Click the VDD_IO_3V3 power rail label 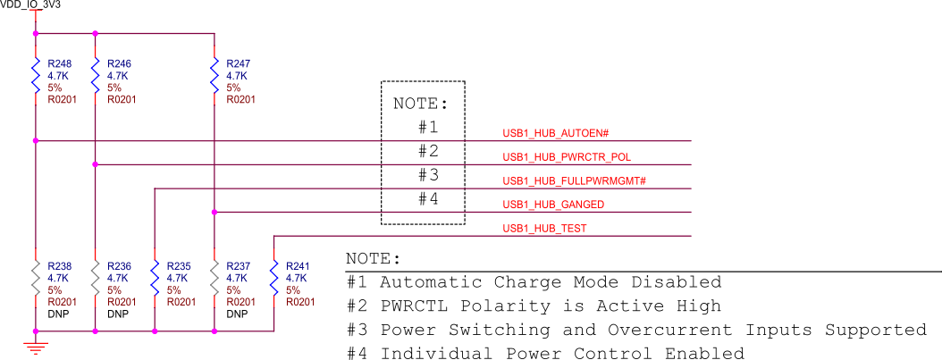coord(30,4)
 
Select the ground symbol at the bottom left coord(35,347)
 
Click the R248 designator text coord(60,64)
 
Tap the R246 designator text coord(119,64)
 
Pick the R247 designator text coord(239,64)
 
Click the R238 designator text coord(60,266)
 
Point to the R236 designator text coord(119,266)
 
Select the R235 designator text coord(179,266)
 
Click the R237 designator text coord(239,266)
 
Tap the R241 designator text coord(298,266)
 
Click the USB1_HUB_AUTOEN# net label coord(555,133)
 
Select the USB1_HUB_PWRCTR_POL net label coord(568,157)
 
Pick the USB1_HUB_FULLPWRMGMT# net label coord(574,181)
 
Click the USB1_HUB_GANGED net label coord(553,205)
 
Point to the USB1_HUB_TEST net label coord(544,229)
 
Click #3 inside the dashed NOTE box coord(428,174)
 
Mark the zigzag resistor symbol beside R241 coord(273,278)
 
